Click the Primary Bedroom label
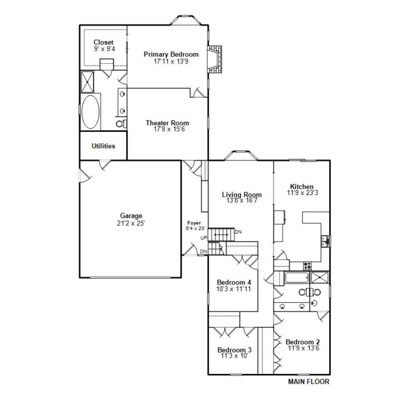coord(171,55)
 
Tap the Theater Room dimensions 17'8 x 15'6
coord(167,129)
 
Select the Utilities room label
coord(103,146)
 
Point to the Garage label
coord(131,216)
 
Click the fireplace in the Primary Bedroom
coord(214,60)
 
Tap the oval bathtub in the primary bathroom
coord(91,112)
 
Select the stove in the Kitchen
coord(307,265)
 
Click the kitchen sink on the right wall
coord(326,241)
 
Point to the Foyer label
coord(194,223)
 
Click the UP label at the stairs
coord(203,238)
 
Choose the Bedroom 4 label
coord(231,282)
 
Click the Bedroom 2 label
coord(303,342)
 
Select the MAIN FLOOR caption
coord(309,381)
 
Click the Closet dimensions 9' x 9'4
coord(103,49)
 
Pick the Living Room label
coord(242,195)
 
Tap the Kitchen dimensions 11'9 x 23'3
coord(301,193)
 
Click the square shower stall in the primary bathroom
coord(88,81)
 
